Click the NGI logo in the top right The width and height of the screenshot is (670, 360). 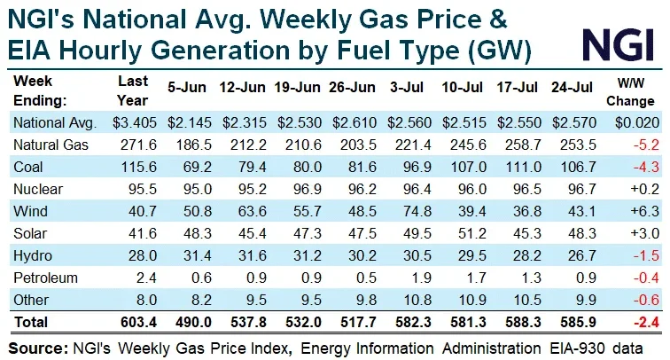point(619,45)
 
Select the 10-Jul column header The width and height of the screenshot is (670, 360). point(462,88)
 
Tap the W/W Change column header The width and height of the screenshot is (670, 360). point(630,91)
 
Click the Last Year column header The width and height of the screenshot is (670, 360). point(133,90)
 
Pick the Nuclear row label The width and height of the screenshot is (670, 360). point(38,189)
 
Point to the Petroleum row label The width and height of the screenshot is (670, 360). point(45,278)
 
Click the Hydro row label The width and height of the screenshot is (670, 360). point(33,255)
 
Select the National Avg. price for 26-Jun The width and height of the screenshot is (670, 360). point(354,122)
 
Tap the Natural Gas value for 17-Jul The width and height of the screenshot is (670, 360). point(523,145)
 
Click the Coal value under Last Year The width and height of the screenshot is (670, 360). point(138,168)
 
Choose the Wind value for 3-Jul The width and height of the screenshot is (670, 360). point(417,211)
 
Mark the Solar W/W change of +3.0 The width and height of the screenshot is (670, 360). point(644,233)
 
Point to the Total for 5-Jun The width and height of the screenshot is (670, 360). point(193,323)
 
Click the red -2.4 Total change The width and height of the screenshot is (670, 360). point(646,322)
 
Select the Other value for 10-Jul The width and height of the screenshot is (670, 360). point(472,300)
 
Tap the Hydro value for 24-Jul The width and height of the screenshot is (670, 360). point(582,255)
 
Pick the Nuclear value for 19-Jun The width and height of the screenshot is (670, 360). point(308,189)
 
